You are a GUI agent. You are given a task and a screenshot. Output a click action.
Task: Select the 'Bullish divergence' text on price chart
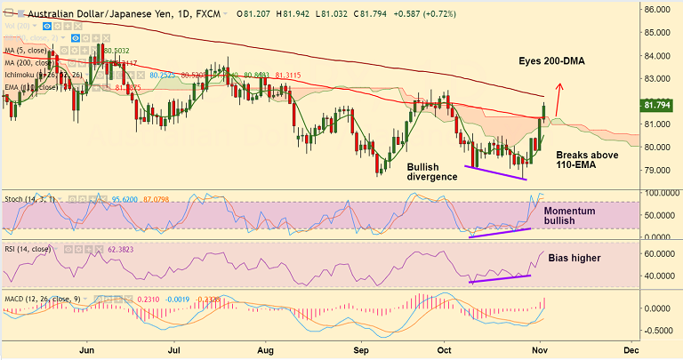432,172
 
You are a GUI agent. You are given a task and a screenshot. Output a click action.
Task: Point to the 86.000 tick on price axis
659,10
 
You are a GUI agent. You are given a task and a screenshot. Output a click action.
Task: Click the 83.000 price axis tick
659,78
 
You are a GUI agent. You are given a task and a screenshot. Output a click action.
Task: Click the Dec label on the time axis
633,350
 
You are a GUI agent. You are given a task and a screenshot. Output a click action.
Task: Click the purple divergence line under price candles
496,172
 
